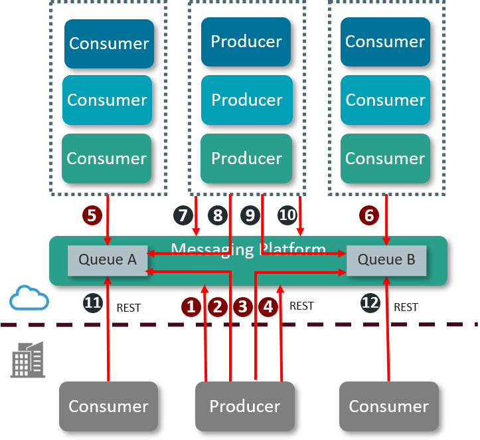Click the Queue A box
108,260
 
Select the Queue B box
386,260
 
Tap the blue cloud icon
29,298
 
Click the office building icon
28,360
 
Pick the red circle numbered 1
191,306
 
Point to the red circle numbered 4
268,306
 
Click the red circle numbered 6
369,215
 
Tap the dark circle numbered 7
183,215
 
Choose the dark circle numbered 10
287,215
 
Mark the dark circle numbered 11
93,304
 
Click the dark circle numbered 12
370,304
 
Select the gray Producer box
245,405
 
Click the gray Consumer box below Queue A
108,405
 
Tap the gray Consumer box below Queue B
388,405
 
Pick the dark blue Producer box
246,42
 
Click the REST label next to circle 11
129,308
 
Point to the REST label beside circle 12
406,307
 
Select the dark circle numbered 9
250,215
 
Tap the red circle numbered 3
242,306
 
